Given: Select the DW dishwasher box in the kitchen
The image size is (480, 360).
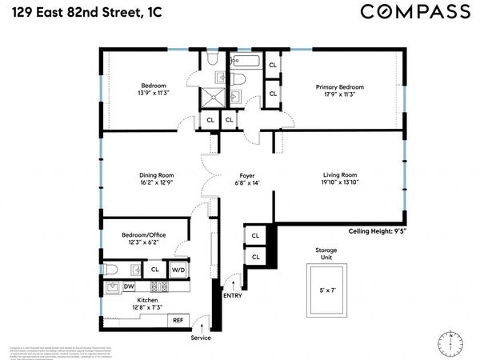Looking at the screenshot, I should pos(129,286).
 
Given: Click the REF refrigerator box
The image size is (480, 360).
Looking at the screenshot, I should pos(178,320).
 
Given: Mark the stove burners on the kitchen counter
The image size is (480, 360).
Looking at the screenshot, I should pos(158,286).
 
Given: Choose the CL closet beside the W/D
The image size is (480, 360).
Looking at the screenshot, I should pos(154,270).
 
